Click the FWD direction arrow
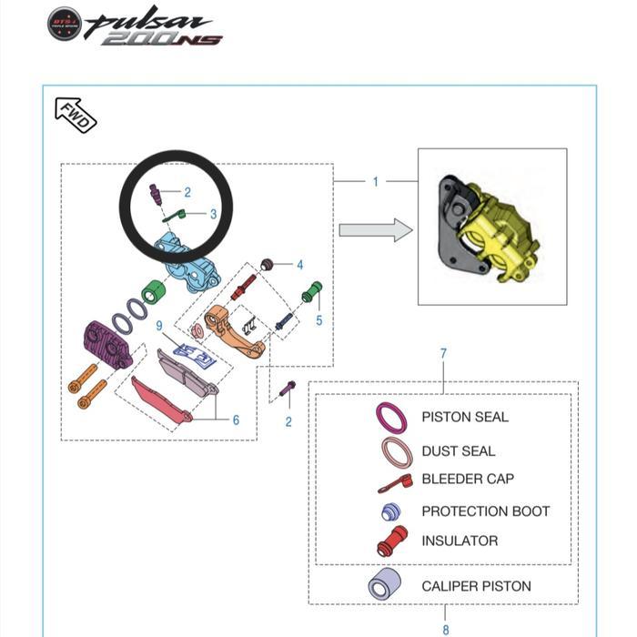pos(76,115)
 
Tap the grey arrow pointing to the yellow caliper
pos(376,230)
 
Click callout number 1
pos(376,182)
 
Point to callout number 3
pos(213,214)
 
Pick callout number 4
pos(299,265)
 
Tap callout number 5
pos(318,320)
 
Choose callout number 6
pos(236,420)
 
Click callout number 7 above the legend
pos(443,353)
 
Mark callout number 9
pos(159,326)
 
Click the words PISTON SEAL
pos(465,417)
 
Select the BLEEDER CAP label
pos(468,479)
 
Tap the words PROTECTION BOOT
pos(485,511)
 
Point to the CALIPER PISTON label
pos(476,586)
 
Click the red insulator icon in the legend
pos(392,541)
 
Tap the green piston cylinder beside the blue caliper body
pos(154,291)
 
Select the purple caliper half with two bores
pos(107,345)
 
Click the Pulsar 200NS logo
pos(135,25)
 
